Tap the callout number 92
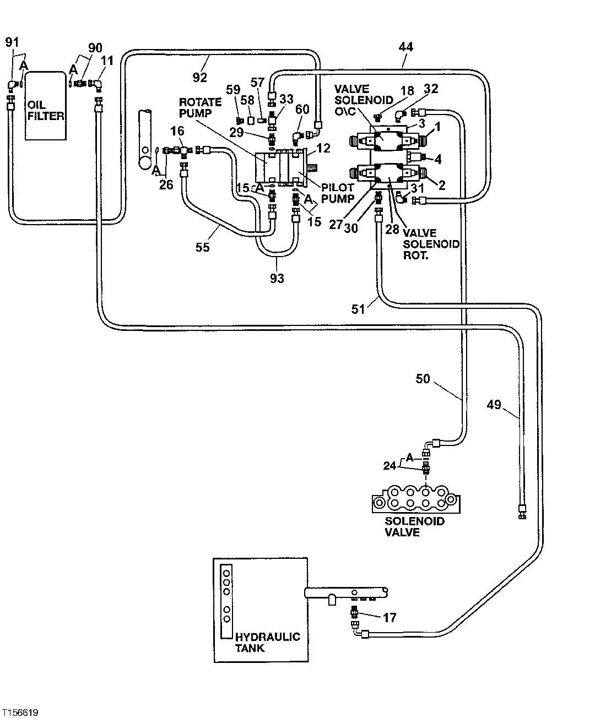click(x=199, y=77)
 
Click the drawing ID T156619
click(x=19, y=712)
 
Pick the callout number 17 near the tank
click(x=389, y=618)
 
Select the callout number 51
click(x=359, y=309)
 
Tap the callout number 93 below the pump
click(x=277, y=279)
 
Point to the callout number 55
click(x=202, y=247)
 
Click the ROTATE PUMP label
click(x=200, y=107)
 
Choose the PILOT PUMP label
click(x=337, y=193)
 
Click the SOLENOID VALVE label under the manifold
click(x=414, y=526)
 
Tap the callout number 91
click(x=12, y=42)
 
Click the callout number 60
click(x=302, y=110)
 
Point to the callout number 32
click(x=431, y=88)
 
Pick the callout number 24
click(x=390, y=466)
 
